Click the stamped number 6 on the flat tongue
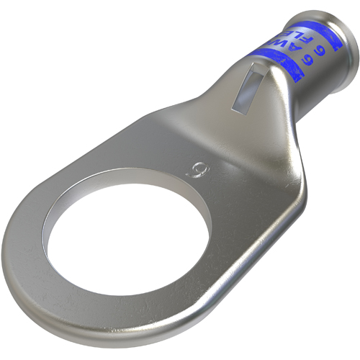[193, 171]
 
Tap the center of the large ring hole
[127, 229]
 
